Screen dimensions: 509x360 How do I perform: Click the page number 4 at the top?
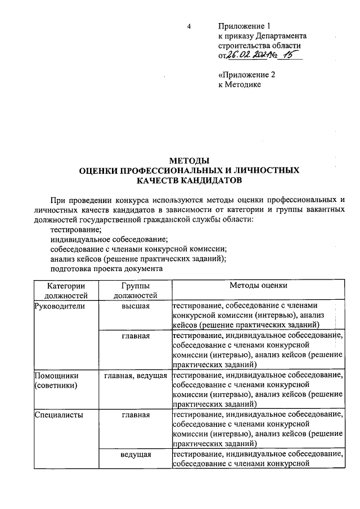[189, 26]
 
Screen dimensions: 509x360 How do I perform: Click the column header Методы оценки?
[258, 285]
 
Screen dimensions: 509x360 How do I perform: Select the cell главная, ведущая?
[135, 375]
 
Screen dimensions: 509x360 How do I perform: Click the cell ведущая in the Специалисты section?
[135, 453]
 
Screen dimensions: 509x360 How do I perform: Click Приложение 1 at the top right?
[244, 26]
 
